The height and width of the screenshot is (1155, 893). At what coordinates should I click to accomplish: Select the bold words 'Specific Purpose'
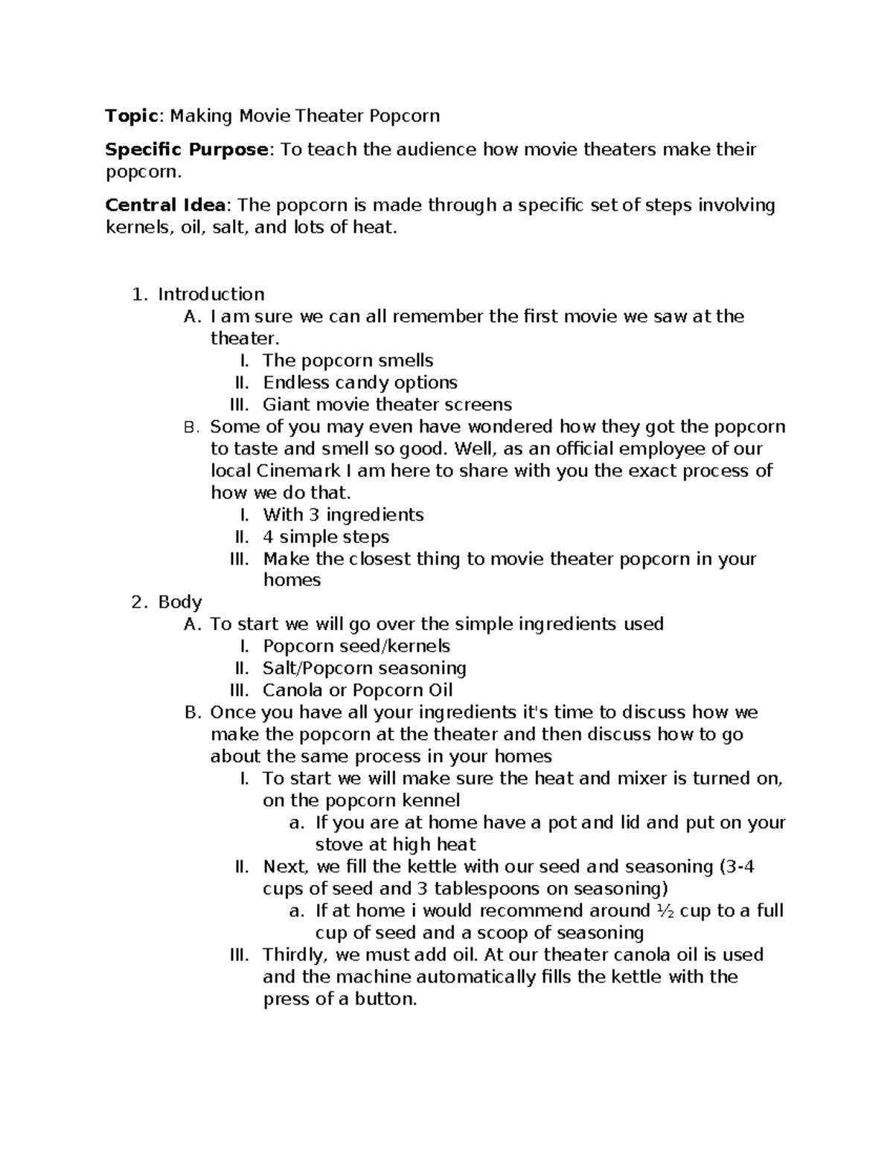pos(187,149)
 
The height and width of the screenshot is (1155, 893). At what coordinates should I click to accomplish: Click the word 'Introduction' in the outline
pos(211,295)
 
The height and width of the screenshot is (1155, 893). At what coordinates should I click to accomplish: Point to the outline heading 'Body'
pos(180,602)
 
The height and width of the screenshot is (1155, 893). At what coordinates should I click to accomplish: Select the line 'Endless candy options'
pos(360,382)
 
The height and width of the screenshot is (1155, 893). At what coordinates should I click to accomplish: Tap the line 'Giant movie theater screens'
pos(387,405)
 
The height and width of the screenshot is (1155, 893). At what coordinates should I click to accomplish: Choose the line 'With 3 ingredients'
pos(343,515)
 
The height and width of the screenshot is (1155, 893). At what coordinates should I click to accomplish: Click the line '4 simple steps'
pos(326,536)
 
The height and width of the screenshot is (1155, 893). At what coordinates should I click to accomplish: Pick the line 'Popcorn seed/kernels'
pos(356,646)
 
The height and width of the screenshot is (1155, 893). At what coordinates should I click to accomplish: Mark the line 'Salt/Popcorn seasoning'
pos(365,668)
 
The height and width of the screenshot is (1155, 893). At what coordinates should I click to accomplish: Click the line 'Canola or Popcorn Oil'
pos(358,690)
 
